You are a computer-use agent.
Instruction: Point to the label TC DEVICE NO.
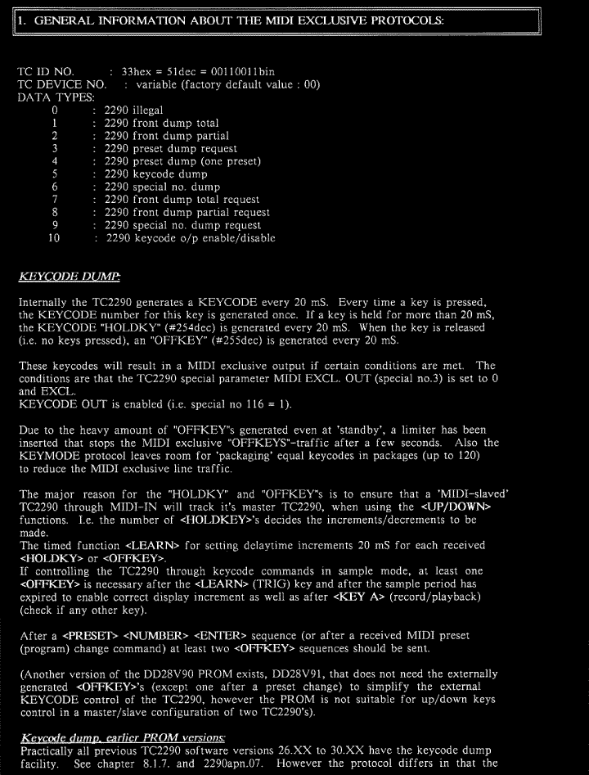pos(61,84)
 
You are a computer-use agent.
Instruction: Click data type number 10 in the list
pos(56,238)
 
